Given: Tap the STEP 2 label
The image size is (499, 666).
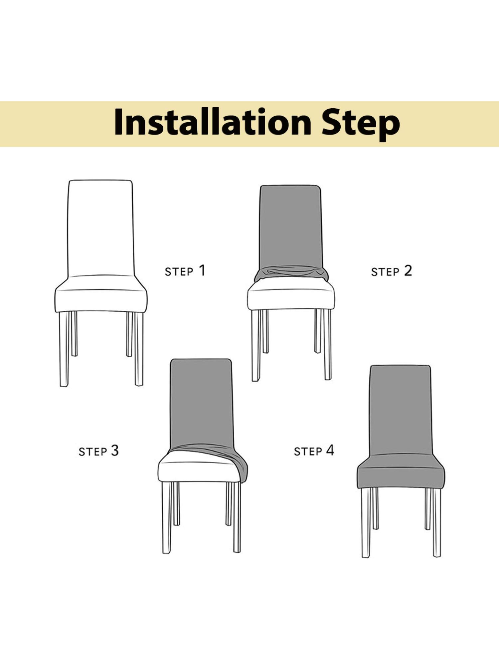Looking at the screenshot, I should point(391,271).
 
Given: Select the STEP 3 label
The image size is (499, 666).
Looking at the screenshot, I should point(98,451).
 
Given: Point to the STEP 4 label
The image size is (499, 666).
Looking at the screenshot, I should point(314,451).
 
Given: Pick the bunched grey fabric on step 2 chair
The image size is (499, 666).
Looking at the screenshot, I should point(291,273).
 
